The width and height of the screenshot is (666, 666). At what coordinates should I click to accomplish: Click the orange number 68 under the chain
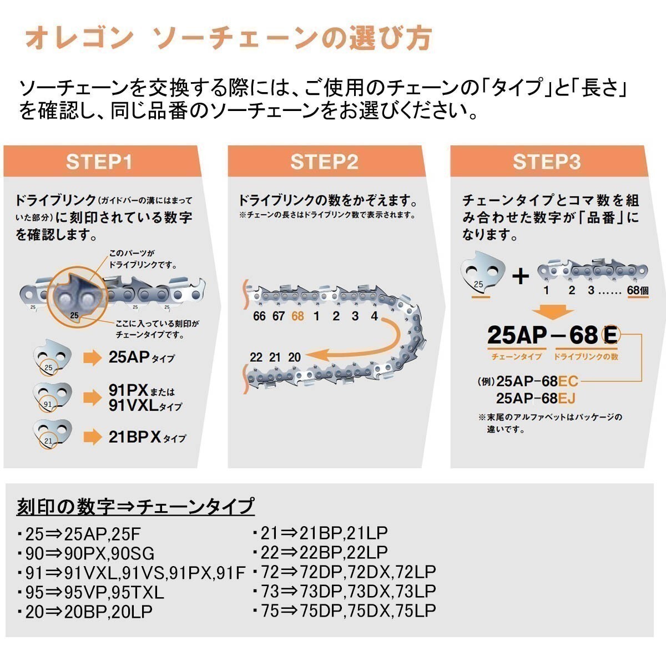(297, 316)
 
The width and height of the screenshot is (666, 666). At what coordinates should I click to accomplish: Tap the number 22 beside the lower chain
(256, 357)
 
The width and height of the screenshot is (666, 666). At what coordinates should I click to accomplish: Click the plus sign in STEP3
(520, 276)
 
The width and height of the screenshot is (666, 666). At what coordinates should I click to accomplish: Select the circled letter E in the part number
(609, 335)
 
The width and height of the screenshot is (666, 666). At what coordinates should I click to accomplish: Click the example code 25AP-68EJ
(536, 398)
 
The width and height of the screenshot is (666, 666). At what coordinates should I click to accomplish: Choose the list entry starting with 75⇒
(344, 610)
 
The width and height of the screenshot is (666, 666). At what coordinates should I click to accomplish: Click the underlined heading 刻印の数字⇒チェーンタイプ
(135, 506)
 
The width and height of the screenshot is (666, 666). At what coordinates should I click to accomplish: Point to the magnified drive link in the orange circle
(74, 300)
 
